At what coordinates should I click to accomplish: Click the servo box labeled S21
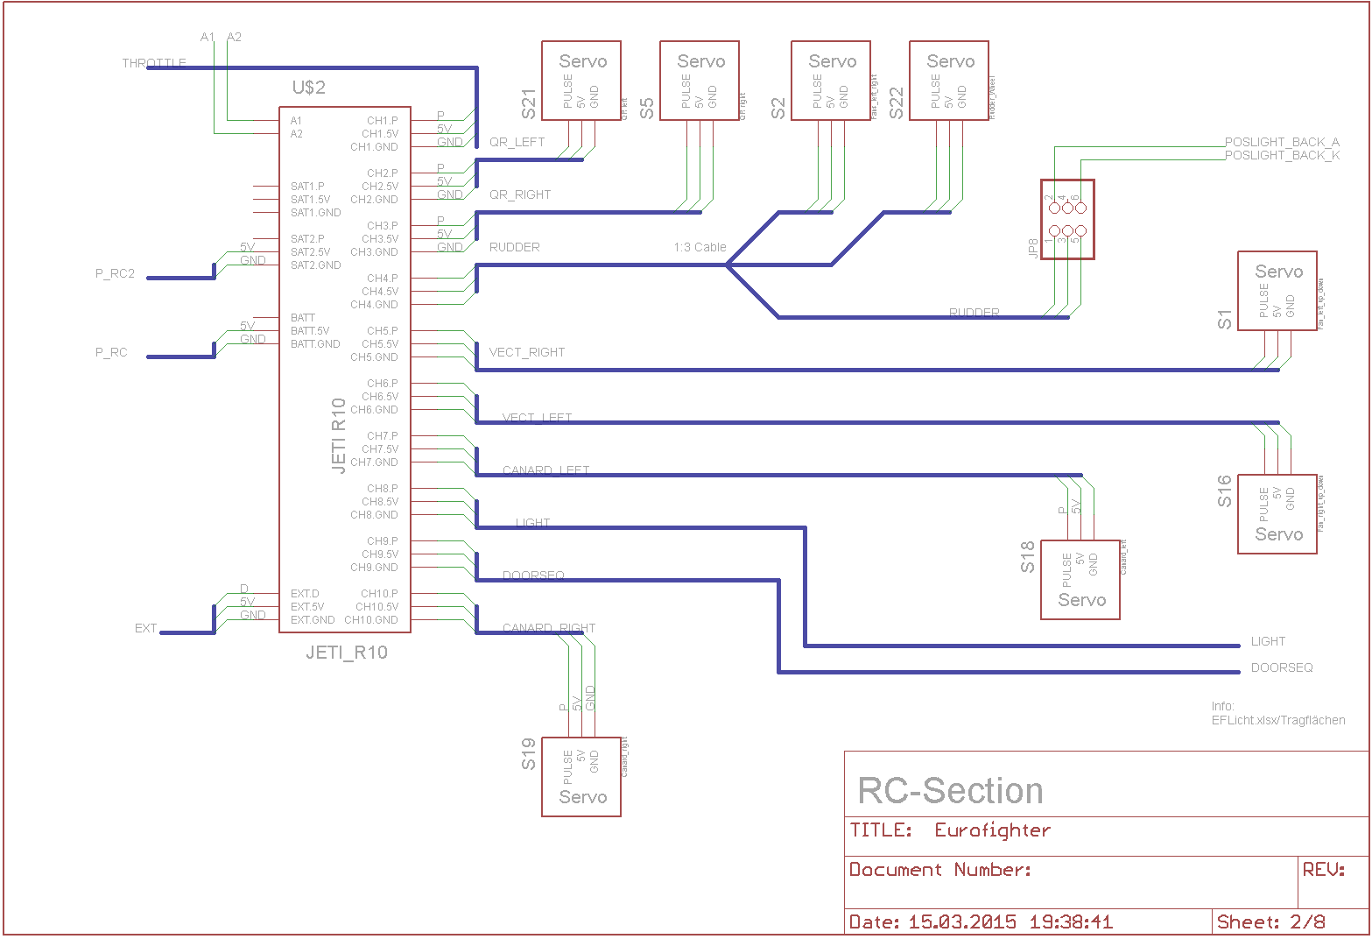[x=581, y=81]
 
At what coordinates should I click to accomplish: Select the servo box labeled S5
[x=700, y=81]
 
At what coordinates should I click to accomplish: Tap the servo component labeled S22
[x=949, y=81]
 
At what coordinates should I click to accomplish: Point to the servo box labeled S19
[x=581, y=777]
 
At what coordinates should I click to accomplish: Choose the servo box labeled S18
[x=1080, y=580]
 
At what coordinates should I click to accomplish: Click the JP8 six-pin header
[x=1067, y=220]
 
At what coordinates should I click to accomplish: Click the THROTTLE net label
[x=154, y=63]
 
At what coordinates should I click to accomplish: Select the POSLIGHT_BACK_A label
[x=1282, y=142]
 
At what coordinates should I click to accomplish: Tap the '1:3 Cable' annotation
[x=700, y=247]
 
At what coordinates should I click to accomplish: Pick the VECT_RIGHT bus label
[x=527, y=352]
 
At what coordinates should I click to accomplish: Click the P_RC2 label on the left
[x=115, y=273]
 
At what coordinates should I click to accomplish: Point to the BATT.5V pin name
[x=310, y=331]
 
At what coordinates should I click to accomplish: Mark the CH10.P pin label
[x=379, y=594]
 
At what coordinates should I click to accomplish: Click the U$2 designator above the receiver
[x=308, y=88]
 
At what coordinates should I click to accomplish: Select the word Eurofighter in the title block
[x=992, y=830]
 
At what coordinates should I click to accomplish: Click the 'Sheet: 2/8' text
[x=1271, y=921]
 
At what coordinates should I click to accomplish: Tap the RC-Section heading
[x=950, y=791]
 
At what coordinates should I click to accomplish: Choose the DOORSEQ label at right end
[x=1282, y=667]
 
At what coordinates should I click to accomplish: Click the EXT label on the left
[x=145, y=628]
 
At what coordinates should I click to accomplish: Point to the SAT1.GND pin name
[x=315, y=213]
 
